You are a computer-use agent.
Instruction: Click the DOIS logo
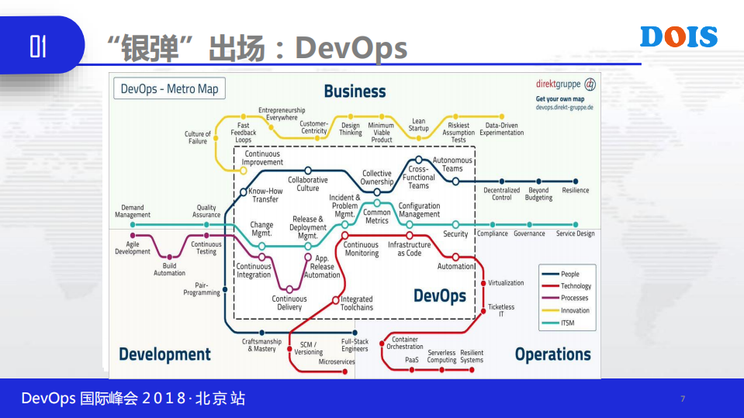point(679,37)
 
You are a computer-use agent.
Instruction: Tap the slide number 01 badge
point(38,47)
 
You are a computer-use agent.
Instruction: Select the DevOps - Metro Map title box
point(169,88)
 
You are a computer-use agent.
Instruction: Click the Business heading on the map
point(355,92)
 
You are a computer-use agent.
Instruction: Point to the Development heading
point(164,354)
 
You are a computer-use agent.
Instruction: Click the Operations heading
point(552,354)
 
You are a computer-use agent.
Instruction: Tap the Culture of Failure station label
point(198,137)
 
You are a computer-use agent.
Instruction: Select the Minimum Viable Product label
point(381,133)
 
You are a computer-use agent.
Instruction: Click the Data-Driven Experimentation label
point(501,129)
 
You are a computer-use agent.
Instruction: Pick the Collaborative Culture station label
point(308,184)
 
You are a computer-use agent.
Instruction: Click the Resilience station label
point(575,190)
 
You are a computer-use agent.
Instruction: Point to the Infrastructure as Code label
point(409,249)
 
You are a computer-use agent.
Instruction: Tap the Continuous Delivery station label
point(289,302)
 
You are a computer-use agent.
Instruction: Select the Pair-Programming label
point(202,289)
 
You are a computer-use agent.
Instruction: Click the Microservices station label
point(337,361)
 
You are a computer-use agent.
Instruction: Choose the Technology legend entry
point(576,286)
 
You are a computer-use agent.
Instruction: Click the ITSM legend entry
point(569,323)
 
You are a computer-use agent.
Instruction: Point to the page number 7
point(682,399)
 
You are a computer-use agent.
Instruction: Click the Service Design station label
point(575,233)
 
